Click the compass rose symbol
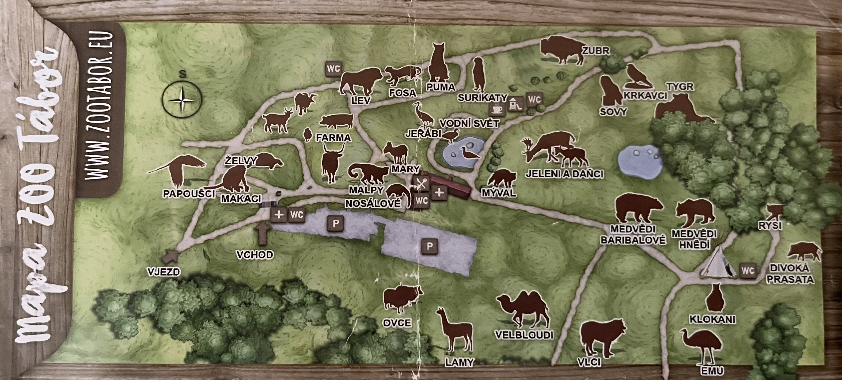(x=182, y=99)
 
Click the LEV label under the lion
(x=361, y=100)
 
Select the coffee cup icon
(x=497, y=109)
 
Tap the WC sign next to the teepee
(x=748, y=271)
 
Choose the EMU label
(x=712, y=371)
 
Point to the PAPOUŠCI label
(x=189, y=193)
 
